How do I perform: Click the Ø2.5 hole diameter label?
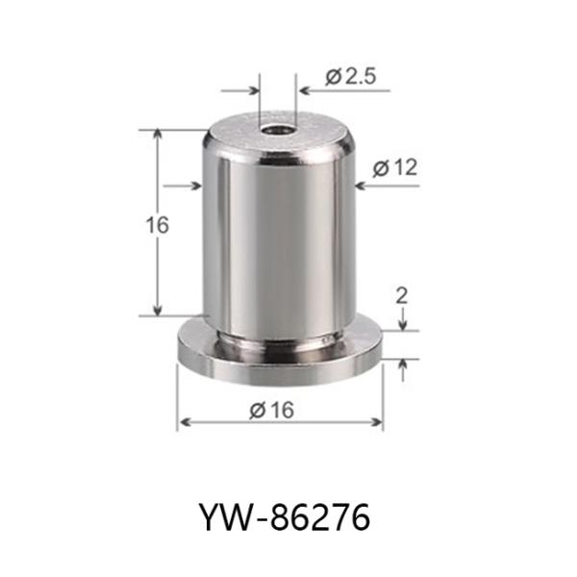point(350,78)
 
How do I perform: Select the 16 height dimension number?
point(158,225)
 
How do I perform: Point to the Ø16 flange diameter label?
point(271,410)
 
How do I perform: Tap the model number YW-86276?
point(287,517)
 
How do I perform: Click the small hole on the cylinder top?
point(278,126)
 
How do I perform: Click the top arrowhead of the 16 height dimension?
point(158,133)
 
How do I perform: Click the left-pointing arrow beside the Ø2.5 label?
point(306,93)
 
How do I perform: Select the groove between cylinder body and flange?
point(279,337)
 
